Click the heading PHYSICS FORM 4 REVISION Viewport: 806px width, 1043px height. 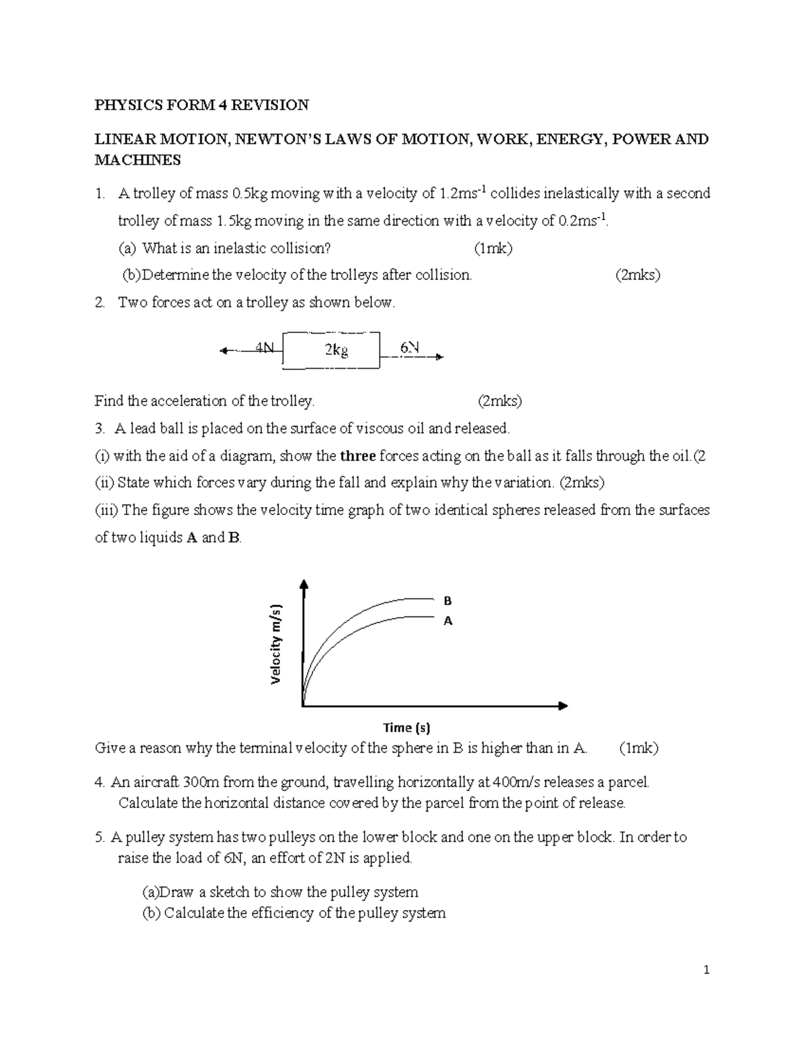coord(201,105)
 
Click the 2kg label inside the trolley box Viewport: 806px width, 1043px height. coord(336,350)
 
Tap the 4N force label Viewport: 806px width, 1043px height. coord(265,347)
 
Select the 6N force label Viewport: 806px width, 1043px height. coord(409,347)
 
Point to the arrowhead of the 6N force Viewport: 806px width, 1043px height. coord(440,357)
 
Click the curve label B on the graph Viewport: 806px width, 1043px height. coord(448,600)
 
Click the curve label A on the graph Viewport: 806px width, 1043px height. coord(448,621)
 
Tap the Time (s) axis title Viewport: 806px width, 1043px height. coord(406,727)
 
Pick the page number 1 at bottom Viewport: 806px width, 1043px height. coord(706,970)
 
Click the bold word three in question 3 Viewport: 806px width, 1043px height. coord(358,456)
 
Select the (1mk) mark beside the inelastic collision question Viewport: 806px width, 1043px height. coord(493,248)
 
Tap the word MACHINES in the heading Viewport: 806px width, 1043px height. coord(138,160)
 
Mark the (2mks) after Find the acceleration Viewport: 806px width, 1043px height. coord(500,401)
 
